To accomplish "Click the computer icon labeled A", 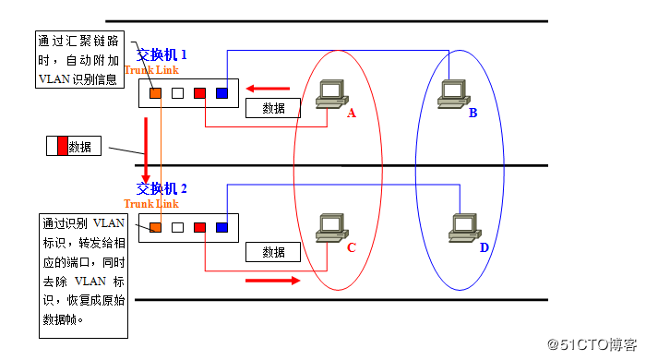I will pyautogui.click(x=329, y=95).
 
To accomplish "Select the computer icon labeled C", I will pyautogui.click(x=330, y=228).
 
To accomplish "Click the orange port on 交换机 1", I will pyautogui.click(x=156, y=92).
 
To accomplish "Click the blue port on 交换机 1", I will pyautogui.click(x=221, y=92).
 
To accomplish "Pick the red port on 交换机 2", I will pyautogui.click(x=199, y=227).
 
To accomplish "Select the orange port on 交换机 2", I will pyautogui.click(x=156, y=227).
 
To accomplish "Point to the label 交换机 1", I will pyautogui.click(x=161, y=54).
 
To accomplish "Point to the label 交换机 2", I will pyautogui.click(x=161, y=188).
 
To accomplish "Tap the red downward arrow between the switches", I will pyautogui.click(x=145, y=157).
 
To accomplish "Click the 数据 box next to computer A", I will pyautogui.click(x=273, y=108).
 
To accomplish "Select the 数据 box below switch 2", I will pyautogui.click(x=273, y=252).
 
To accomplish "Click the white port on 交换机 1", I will pyautogui.click(x=177, y=92).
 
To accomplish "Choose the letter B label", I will pyautogui.click(x=473, y=114).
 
